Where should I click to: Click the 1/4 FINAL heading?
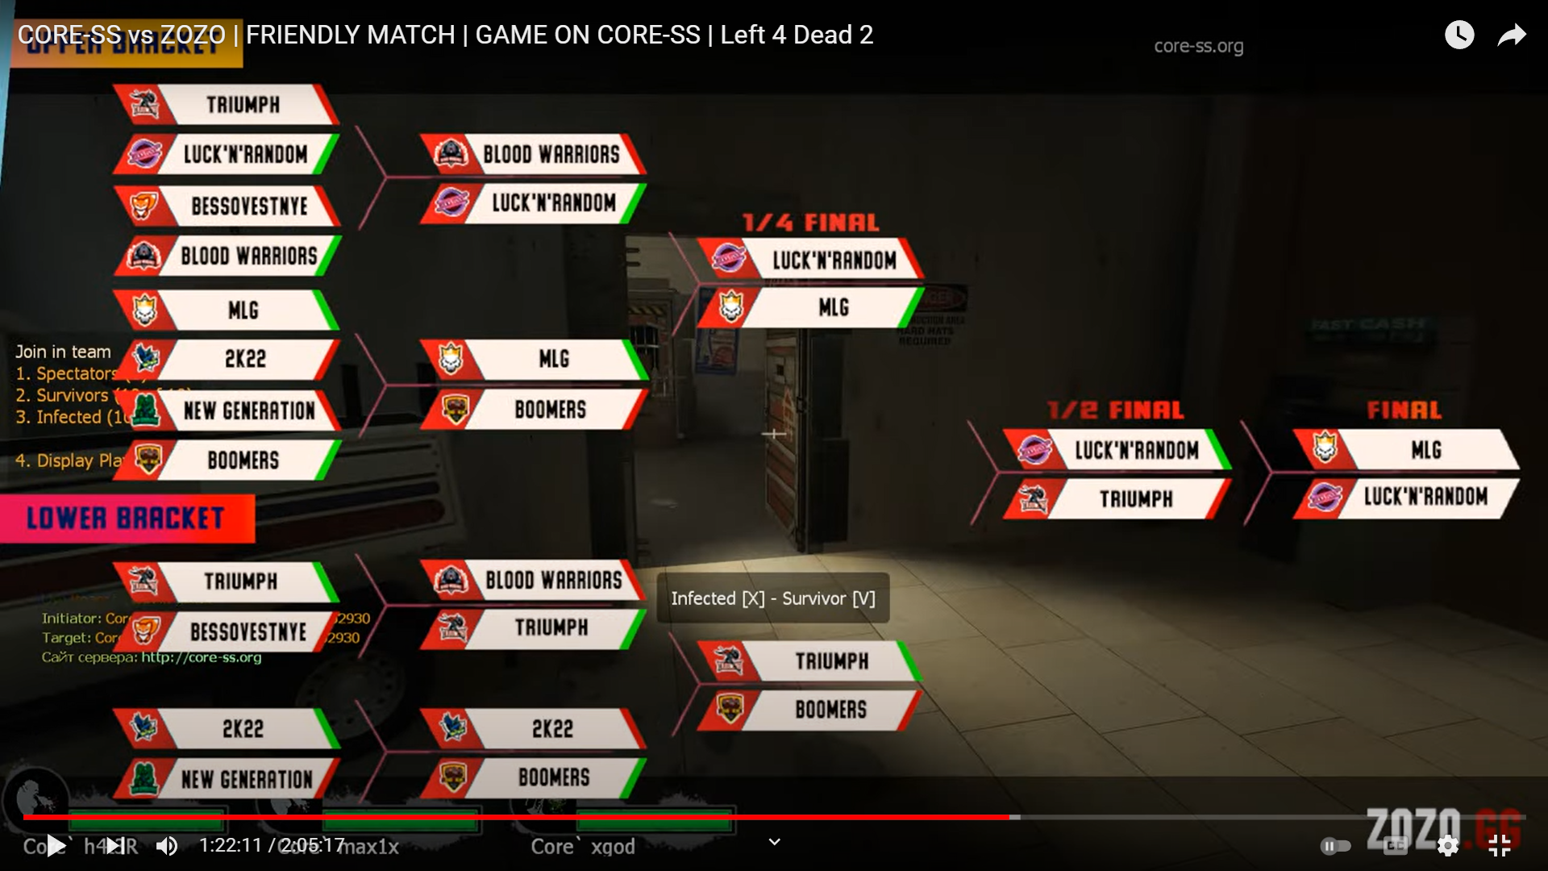[x=809, y=223]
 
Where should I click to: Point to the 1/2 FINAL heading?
[x=1115, y=410]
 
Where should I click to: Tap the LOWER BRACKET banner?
[x=126, y=519]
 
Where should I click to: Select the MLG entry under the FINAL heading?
[x=1425, y=449]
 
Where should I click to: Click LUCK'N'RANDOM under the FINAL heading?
[x=1425, y=497]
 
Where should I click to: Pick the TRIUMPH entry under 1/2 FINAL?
[x=1135, y=499]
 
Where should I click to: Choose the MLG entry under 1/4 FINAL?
[x=833, y=308]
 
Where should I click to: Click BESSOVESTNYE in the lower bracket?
[x=248, y=632]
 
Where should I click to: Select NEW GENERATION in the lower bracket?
[x=246, y=780]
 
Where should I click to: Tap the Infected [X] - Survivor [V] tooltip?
[x=772, y=598]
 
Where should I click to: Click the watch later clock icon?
[x=1459, y=35]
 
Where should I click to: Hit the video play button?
[x=56, y=846]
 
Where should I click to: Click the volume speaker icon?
[x=167, y=846]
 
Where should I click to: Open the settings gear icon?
[x=1447, y=846]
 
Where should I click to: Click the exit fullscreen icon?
[x=1499, y=846]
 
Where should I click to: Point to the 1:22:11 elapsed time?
[x=231, y=846]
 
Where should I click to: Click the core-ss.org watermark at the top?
[x=1198, y=47]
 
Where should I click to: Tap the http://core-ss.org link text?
[x=201, y=657]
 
